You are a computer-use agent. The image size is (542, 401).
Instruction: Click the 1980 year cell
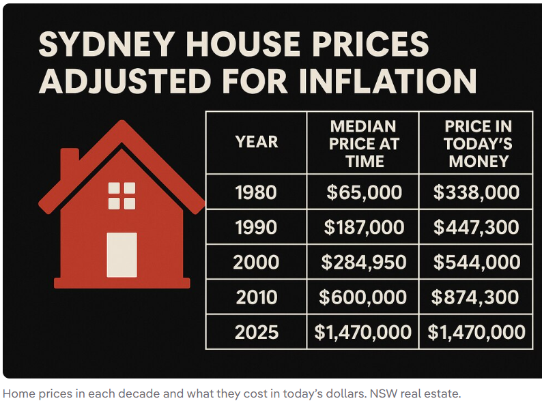(256, 192)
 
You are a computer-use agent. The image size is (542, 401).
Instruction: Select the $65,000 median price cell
(364, 192)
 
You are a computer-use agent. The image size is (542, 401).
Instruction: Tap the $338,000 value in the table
(476, 192)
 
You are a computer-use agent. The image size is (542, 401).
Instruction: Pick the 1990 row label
(256, 227)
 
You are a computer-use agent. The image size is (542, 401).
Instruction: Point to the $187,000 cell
(364, 227)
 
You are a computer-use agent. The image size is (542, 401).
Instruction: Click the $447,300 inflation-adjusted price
(476, 227)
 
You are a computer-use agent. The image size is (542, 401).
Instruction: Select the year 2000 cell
(256, 262)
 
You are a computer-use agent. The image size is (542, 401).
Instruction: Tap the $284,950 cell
(364, 262)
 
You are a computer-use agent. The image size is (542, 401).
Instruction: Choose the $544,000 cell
(476, 262)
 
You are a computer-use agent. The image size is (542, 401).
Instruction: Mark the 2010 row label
(256, 297)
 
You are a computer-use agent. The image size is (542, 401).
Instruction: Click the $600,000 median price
(364, 297)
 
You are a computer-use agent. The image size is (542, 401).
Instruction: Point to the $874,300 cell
(476, 297)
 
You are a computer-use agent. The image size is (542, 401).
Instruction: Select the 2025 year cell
(256, 332)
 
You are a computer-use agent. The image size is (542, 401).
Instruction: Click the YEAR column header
(256, 142)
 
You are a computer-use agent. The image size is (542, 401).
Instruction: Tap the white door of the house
(122, 254)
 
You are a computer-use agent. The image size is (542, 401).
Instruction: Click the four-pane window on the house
(122, 196)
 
